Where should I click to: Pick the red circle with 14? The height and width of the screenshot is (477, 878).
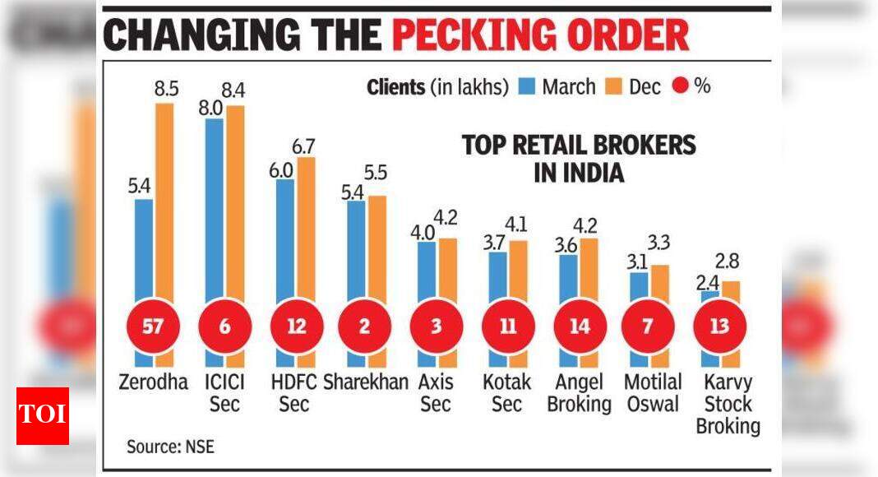pyautogui.click(x=579, y=326)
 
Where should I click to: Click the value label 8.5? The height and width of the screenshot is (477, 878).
pyautogui.click(x=166, y=87)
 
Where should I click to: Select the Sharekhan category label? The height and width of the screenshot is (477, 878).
pyautogui.click(x=364, y=382)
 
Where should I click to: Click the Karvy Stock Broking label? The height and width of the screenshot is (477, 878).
pyautogui.click(x=727, y=404)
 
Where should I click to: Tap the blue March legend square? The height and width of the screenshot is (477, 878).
pyautogui.click(x=527, y=86)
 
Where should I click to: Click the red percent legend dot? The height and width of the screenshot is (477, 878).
pyautogui.click(x=679, y=86)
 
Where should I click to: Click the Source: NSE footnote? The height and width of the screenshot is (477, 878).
pyautogui.click(x=170, y=447)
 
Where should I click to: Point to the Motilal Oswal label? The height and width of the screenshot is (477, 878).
pyautogui.click(x=653, y=393)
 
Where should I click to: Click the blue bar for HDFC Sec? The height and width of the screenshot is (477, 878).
pyautogui.click(x=285, y=247)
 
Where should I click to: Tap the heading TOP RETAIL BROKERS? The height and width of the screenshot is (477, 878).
pyautogui.click(x=579, y=146)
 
